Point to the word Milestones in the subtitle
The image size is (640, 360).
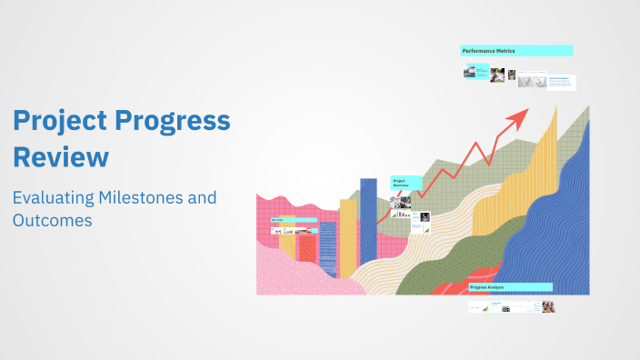coord(155,197)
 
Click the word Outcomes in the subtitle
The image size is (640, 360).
coord(52,220)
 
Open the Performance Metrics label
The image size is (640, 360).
coord(516,51)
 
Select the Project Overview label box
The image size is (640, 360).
coord(405,183)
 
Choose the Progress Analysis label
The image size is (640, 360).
coord(510,287)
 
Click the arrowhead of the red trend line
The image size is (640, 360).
coord(521,115)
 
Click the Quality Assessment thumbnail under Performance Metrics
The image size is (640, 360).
coord(561,82)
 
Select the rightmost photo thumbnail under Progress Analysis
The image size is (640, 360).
coord(548,307)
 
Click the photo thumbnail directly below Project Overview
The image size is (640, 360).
coord(401,204)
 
